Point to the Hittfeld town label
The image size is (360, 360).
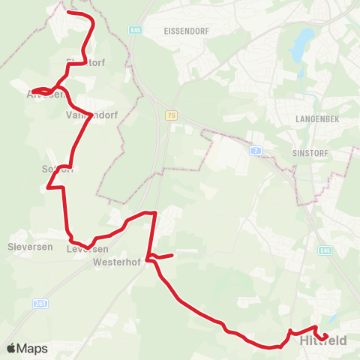(323, 342)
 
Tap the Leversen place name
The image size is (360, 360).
(87, 249)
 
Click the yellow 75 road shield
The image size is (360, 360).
(172, 115)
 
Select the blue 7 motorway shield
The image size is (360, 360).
(256, 151)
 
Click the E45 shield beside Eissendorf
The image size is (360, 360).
(135, 30)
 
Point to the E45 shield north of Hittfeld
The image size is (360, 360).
(323, 250)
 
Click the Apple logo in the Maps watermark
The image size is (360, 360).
(11, 349)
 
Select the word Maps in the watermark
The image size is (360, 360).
(32, 349)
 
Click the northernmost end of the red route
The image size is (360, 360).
(69, 13)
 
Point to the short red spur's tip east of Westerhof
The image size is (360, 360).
(172, 255)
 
